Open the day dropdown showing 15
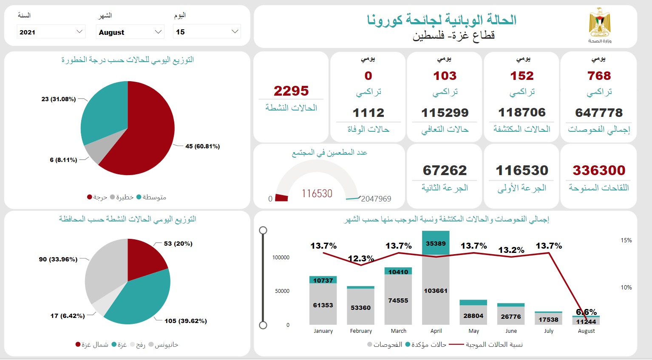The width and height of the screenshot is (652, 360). (207, 32)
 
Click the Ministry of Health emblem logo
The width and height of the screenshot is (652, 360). (599, 25)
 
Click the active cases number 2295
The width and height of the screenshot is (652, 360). (291, 91)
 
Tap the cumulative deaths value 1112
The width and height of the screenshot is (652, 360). (368, 113)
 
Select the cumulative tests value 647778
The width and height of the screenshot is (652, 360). (598, 113)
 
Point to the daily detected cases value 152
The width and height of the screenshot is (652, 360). (522, 76)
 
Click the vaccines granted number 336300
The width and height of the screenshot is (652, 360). (598, 170)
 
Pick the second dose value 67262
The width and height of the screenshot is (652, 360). (445, 170)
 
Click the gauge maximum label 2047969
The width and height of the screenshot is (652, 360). (376, 199)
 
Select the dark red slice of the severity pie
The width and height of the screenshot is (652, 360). (145, 132)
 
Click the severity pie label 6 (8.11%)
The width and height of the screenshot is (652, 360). (63, 160)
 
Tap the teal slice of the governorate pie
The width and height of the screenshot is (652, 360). (140, 298)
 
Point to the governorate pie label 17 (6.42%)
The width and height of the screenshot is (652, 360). (67, 316)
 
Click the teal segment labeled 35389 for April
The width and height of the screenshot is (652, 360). (436, 244)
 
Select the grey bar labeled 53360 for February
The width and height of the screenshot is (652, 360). (360, 307)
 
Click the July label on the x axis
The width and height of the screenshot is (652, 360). (549, 331)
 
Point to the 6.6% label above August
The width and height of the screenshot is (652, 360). (586, 312)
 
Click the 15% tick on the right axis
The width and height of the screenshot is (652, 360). (626, 241)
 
